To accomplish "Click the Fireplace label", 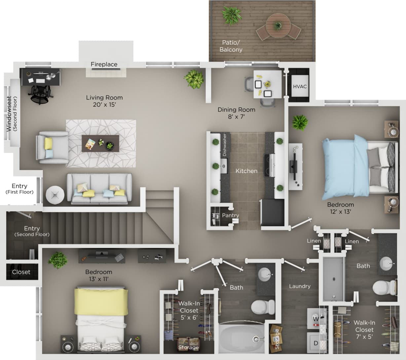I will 104,64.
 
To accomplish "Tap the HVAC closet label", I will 300,87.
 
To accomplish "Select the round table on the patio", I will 278,25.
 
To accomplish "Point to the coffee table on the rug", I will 100,143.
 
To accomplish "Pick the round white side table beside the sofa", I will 55,195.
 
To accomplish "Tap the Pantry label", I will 230,215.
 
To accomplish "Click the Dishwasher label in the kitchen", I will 225,145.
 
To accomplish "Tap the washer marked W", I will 315,319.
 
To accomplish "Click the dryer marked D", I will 315,343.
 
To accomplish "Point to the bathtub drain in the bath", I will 255,339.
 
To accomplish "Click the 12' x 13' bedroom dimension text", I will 340,212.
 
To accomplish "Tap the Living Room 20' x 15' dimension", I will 104,105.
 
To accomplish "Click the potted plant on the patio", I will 229,15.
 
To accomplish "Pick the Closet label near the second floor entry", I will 21,272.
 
